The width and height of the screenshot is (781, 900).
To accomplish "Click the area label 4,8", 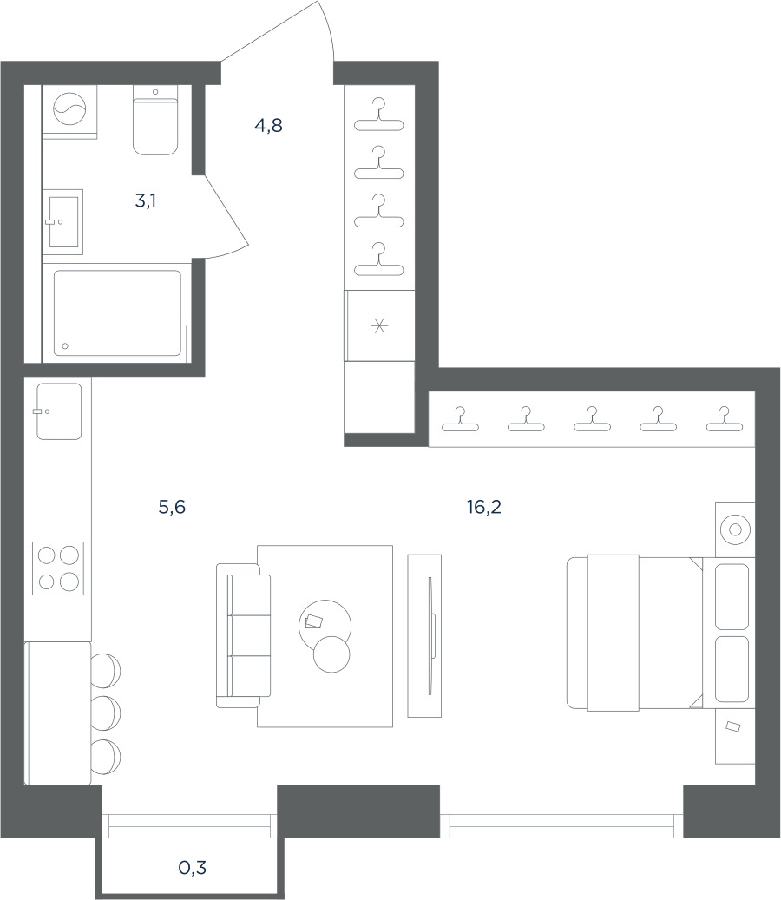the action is (268, 125).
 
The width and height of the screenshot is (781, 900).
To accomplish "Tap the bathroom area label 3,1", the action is (146, 200).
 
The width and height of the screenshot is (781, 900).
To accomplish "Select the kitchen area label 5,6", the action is (172, 507).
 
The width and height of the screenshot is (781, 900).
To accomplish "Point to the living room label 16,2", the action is (484, 507).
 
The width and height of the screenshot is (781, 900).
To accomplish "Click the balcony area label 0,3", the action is (193, 867).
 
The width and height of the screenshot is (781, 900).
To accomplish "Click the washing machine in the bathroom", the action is (69, 109).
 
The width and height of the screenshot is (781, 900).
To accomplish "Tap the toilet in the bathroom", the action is (155, 120).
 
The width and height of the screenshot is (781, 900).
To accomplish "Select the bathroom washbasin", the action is (63, 221).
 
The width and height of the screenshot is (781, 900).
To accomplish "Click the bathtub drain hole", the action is (65, 346).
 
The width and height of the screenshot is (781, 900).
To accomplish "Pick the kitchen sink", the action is (59, 411).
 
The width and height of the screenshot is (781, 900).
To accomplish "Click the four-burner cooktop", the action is (58, 568).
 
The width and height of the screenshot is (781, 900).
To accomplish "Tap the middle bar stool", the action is (106, 713).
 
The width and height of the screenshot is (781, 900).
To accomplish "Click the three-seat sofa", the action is (243, 635).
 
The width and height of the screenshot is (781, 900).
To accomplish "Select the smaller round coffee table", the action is (331, 654).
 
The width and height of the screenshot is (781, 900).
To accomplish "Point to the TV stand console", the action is (424, 635).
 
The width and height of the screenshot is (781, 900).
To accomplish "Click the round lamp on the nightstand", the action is (735, 529).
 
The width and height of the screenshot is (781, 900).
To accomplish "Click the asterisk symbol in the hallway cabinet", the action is (379, 326).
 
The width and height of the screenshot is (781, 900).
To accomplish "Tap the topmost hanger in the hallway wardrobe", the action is (378, 115).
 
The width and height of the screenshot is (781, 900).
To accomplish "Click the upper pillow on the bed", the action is (732, 596).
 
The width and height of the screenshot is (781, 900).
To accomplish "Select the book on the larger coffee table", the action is (314, 621).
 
